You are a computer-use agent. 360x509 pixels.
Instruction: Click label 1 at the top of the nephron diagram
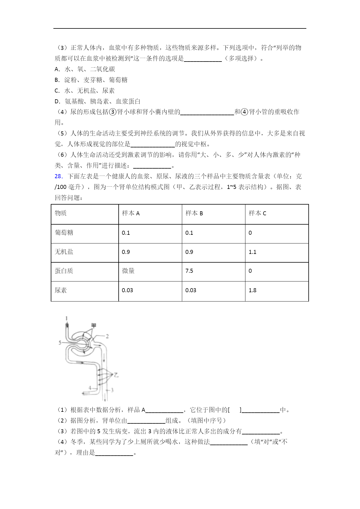coord(66,318)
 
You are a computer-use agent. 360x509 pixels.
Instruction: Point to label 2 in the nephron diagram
coord(107,336)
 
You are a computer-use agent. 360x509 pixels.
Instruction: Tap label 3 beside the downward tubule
coord(112,390)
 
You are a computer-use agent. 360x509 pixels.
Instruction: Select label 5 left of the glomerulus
coord(60,342)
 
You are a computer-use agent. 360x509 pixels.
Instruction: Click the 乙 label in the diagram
coord(116,375)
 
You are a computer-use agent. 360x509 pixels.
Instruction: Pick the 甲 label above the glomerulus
coord(93,325)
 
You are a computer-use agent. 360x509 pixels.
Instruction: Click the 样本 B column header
coord(194,213)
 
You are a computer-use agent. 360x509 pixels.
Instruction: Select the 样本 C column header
coord(257,213)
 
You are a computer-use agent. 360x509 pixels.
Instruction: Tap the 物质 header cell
coord(61,213)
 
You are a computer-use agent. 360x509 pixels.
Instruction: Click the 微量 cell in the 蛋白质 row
coord(128,271)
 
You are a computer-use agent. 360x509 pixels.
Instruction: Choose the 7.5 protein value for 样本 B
coord(189,271)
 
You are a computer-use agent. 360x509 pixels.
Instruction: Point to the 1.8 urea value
coord(252,290)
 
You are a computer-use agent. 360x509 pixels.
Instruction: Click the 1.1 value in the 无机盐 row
coord(252,252)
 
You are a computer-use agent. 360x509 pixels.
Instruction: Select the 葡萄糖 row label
coord(64,232)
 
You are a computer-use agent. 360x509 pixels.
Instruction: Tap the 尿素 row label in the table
coord(61,290)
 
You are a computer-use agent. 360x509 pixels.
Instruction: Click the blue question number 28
coord(58,176)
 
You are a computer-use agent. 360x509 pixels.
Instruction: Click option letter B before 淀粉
coord(57,80)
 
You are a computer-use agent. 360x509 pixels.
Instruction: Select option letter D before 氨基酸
coord(57,101)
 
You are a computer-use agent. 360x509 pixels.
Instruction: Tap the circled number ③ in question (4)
coord(113,112)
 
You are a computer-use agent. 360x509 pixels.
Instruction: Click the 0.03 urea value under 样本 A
coord(127,290)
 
